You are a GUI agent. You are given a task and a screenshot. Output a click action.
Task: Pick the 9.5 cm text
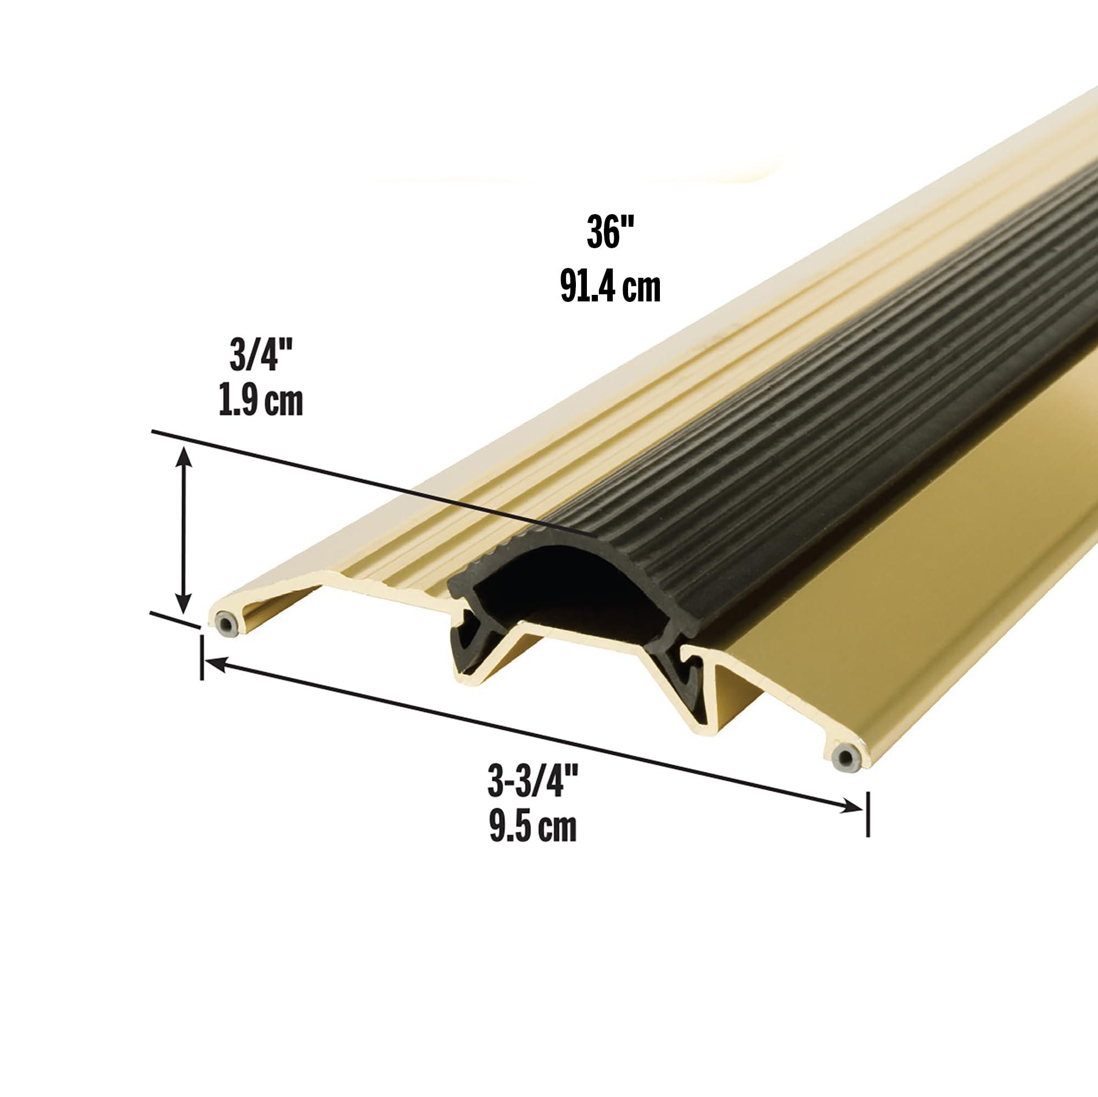point(533,827)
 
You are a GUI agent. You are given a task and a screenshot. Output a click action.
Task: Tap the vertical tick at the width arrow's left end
point(201,658)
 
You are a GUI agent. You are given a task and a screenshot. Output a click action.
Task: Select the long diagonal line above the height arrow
point(369,483)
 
